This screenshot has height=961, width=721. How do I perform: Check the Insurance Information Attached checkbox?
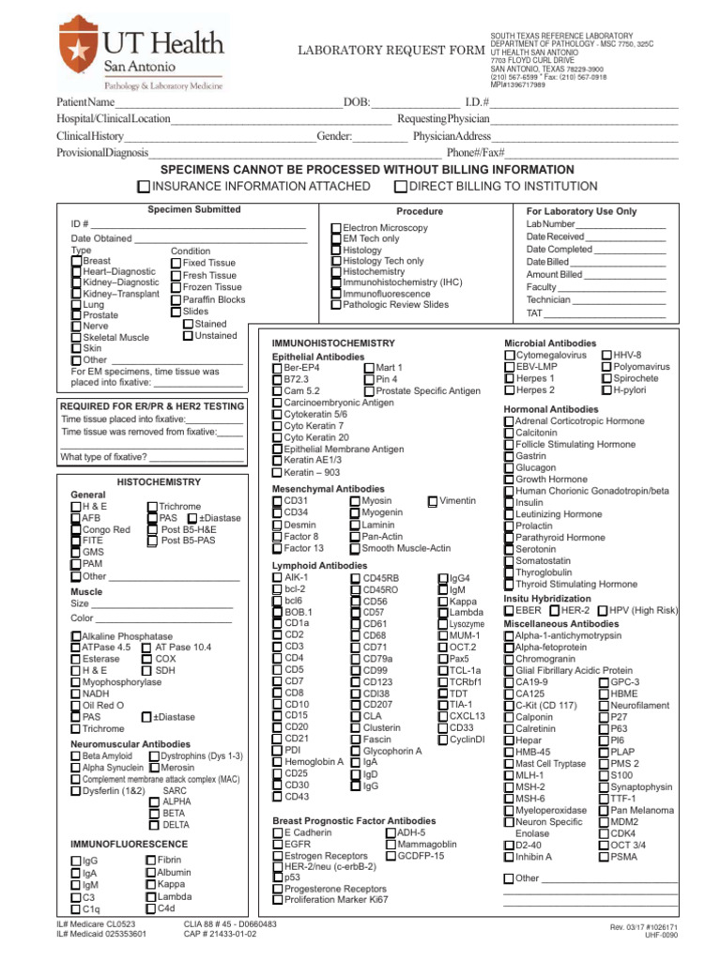tap(145, 187)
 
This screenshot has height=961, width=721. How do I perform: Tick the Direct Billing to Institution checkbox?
tap(400, 187)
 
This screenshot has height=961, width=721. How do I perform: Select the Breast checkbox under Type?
tap(77, 261)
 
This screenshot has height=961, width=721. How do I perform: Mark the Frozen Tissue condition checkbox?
tap(176, 287)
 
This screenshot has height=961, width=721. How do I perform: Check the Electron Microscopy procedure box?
tap(336, 228)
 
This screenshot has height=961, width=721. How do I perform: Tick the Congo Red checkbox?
tap(76, 530)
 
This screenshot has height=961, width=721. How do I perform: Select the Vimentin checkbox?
tap(432, 501)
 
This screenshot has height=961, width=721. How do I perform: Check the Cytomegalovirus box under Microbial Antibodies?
tap(510, 356)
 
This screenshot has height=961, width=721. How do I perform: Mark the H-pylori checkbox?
tap(606, 389)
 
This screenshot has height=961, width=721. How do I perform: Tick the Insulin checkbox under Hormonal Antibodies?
tap(510, 503)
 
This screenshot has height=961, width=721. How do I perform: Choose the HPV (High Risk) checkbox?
tap(603, 611)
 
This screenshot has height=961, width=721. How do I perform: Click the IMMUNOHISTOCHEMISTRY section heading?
tap(332, 343)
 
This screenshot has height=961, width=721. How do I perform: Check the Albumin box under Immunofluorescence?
tap(150, 873)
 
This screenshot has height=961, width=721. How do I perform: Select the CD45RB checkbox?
tap(356, 578)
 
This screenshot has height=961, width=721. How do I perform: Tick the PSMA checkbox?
tap(605, 857)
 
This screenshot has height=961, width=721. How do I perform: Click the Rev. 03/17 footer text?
tap(643, 927)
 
